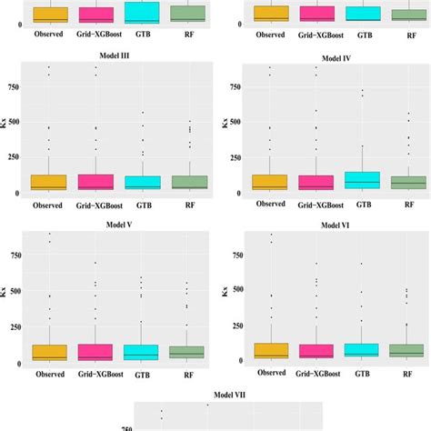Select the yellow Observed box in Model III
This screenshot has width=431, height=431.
click(x=48, y=181)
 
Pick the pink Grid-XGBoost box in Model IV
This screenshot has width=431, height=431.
click(x=316, y=182)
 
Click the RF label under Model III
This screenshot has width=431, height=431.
click(x=185, y=205)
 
